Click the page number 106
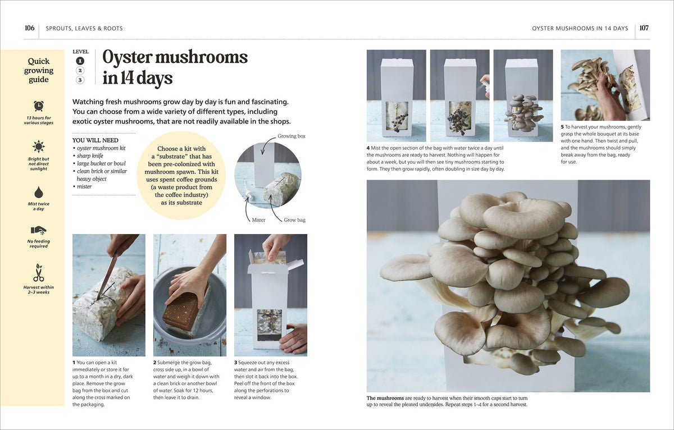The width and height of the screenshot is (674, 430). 29,28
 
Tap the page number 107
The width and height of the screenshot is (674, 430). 644,28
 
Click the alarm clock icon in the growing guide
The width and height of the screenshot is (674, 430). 39,106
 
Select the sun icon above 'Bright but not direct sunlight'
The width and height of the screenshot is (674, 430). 39,147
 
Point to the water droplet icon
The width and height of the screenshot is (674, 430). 39,192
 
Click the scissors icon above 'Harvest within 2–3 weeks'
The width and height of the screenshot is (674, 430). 39,272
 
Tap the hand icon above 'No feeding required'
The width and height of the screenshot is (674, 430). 39,230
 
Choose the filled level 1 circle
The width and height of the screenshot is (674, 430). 80,61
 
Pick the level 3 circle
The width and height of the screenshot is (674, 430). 80,80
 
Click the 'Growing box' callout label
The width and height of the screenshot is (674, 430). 292,136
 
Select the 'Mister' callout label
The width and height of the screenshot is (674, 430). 258,220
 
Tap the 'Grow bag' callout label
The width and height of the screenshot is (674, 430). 294,220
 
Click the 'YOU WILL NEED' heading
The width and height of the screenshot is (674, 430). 95,140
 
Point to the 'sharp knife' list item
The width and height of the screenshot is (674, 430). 90,155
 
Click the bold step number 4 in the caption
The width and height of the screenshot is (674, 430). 368,148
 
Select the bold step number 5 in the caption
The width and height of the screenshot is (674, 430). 562,127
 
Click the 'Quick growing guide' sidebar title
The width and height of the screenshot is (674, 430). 39,70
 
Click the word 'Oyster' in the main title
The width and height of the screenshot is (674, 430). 127,57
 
